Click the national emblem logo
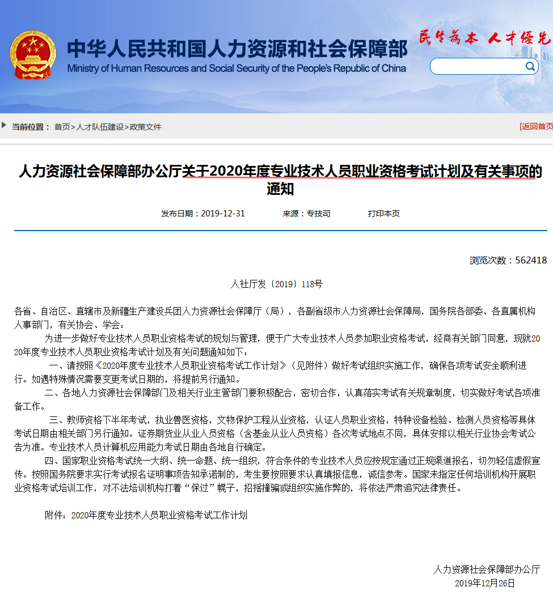click(32, 54)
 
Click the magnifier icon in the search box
click(530, 66)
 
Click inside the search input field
click(476, 67)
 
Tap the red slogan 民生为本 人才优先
click(484, 38)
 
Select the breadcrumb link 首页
click(62, 127)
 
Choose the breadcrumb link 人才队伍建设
click(100, 127)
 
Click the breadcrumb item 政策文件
click(146, 127)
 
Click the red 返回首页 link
click(537, 126)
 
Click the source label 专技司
click(319, 214)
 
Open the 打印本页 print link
click(384, 214)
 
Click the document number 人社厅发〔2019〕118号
click(277, 284)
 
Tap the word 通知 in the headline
click(280, 189)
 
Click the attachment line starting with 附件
click(146, 515)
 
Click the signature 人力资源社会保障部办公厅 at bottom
click(487, 569)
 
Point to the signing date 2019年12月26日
click(485, 583)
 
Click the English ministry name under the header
click(237, 69)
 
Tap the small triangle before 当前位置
click(5, 125)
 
